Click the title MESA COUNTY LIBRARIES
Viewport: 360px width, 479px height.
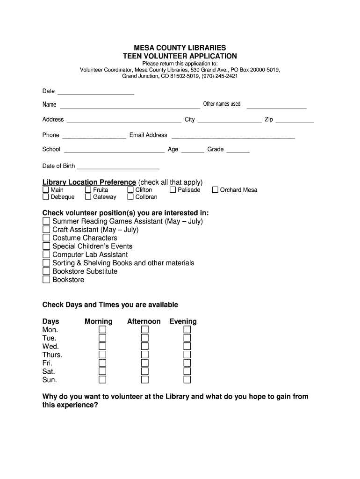click(x=180, y=48)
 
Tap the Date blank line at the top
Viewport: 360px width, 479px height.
click(x=95, y=92)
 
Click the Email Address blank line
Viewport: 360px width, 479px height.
click(x=233, y=136)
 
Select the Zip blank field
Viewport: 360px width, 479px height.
click(x=295, y=120)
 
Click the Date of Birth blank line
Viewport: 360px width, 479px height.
click(x=118, y=166)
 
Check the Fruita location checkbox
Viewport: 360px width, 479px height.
click(x=88, y=190)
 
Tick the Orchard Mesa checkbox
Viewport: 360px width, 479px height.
click(x=215, y=190)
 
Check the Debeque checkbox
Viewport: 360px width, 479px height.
click(x=46, y=197)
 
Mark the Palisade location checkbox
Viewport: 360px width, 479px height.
click(x=173, y=190)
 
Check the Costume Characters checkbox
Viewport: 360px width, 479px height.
click(x=46, y=238)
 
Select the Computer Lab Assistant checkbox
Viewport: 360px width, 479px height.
click(x=46, y=255)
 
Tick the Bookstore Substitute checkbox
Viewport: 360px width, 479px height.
click(x=46, y=272)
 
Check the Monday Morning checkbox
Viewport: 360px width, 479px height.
click(x=102, y=330)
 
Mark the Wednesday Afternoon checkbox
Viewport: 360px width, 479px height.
click(x=145, y=347)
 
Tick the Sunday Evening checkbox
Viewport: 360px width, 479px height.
click(x=187, y=380)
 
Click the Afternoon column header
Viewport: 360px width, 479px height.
click(x=144, y=321)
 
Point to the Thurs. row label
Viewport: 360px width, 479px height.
click(x=52, y=355)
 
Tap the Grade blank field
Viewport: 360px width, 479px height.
click(x=238, y=150)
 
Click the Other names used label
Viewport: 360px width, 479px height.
click(x=222, y=104)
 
